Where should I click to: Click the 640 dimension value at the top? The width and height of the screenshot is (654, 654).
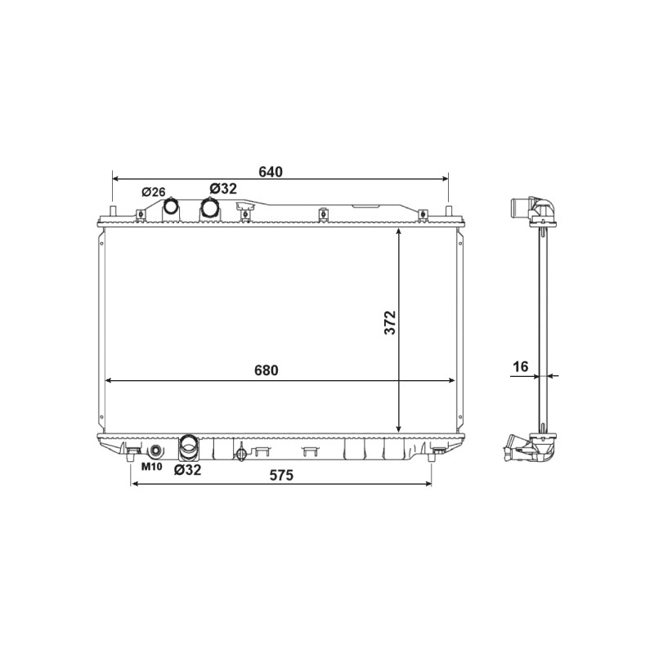tap(271, 172)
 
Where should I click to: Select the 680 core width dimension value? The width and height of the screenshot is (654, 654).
tap(267, 370)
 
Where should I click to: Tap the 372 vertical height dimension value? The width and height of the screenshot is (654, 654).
tap(390, 322)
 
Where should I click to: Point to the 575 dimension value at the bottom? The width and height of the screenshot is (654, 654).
tap(281, 475)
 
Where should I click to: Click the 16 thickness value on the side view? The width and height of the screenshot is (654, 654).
tap(521, 366)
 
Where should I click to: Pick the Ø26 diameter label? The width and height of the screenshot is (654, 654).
tap(154, 192)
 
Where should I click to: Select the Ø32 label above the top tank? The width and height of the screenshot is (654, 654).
tap(223, 189)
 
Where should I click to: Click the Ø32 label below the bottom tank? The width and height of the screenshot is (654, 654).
tap(188, 470)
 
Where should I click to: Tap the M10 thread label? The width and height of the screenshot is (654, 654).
tap(151, 466)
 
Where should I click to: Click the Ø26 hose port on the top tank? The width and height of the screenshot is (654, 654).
tap(171, 206)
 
